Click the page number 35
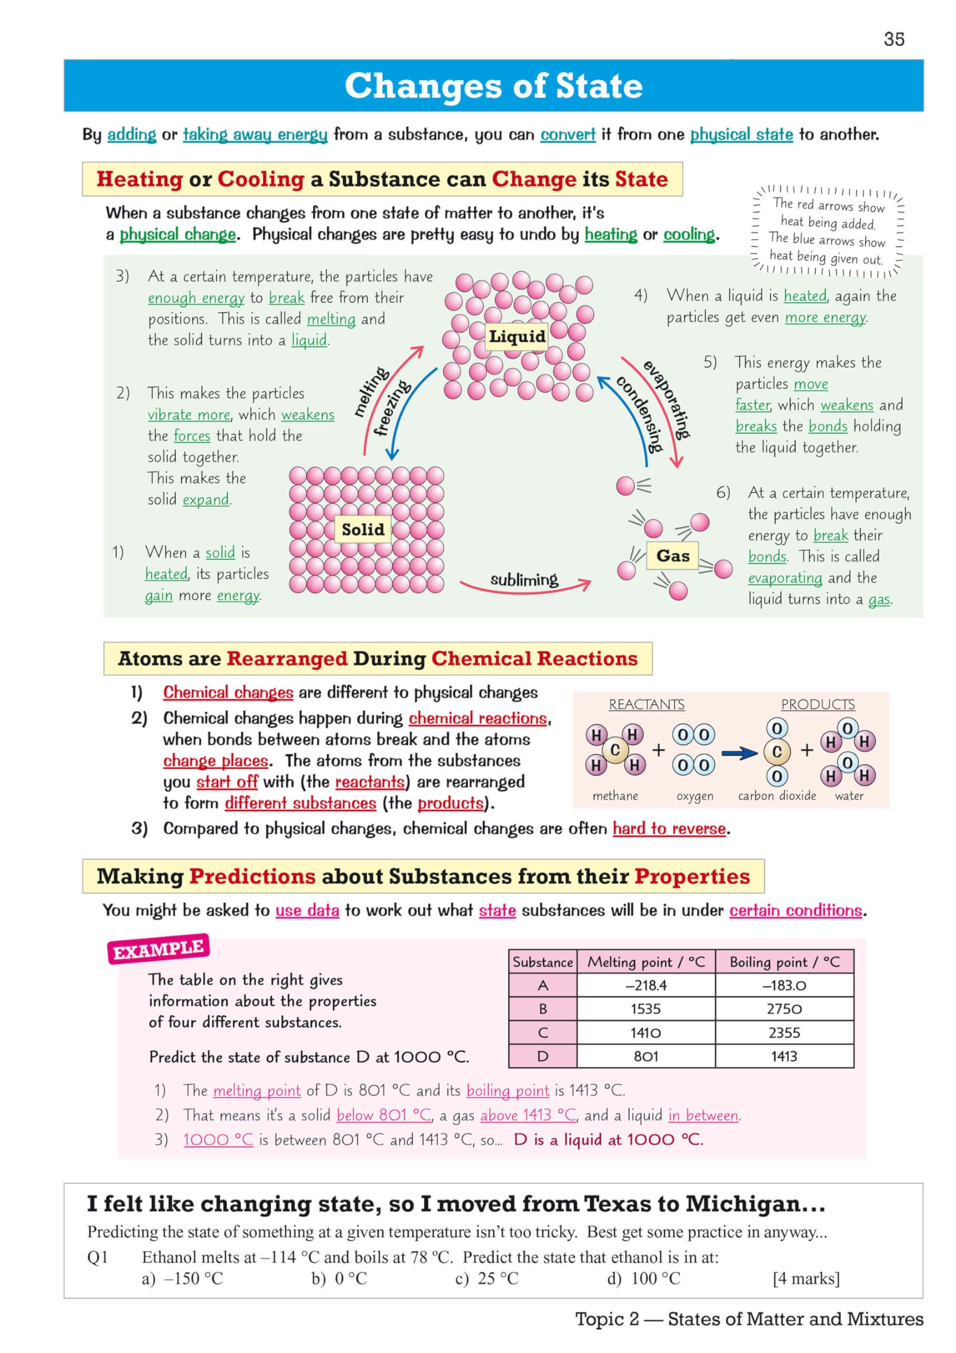pyautogui.click(x=894, y=40)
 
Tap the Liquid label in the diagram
pyautogui.click(x=517, y=337)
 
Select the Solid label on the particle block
pyautogui.click(x=363, y=529)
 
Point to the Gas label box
pyautogui.click(x=673, y=555)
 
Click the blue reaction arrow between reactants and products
pyautogui.click(x=739, y=753)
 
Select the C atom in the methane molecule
pyautogui.click(x=615, y=750)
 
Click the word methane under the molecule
pyautogui.click(x=615, y=796)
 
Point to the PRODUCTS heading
pyautogui.click(x=818, y=705)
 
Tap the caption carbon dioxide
pyautogui.click(x=777, y=796)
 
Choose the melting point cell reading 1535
pyautogui.click(x=645, y=1009)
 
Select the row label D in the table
pyautogui.click(x=542, y=1057)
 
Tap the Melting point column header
pyautogui.click(x=645, y=962)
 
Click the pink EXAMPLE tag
pyautogui.click(x=158, y=949)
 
